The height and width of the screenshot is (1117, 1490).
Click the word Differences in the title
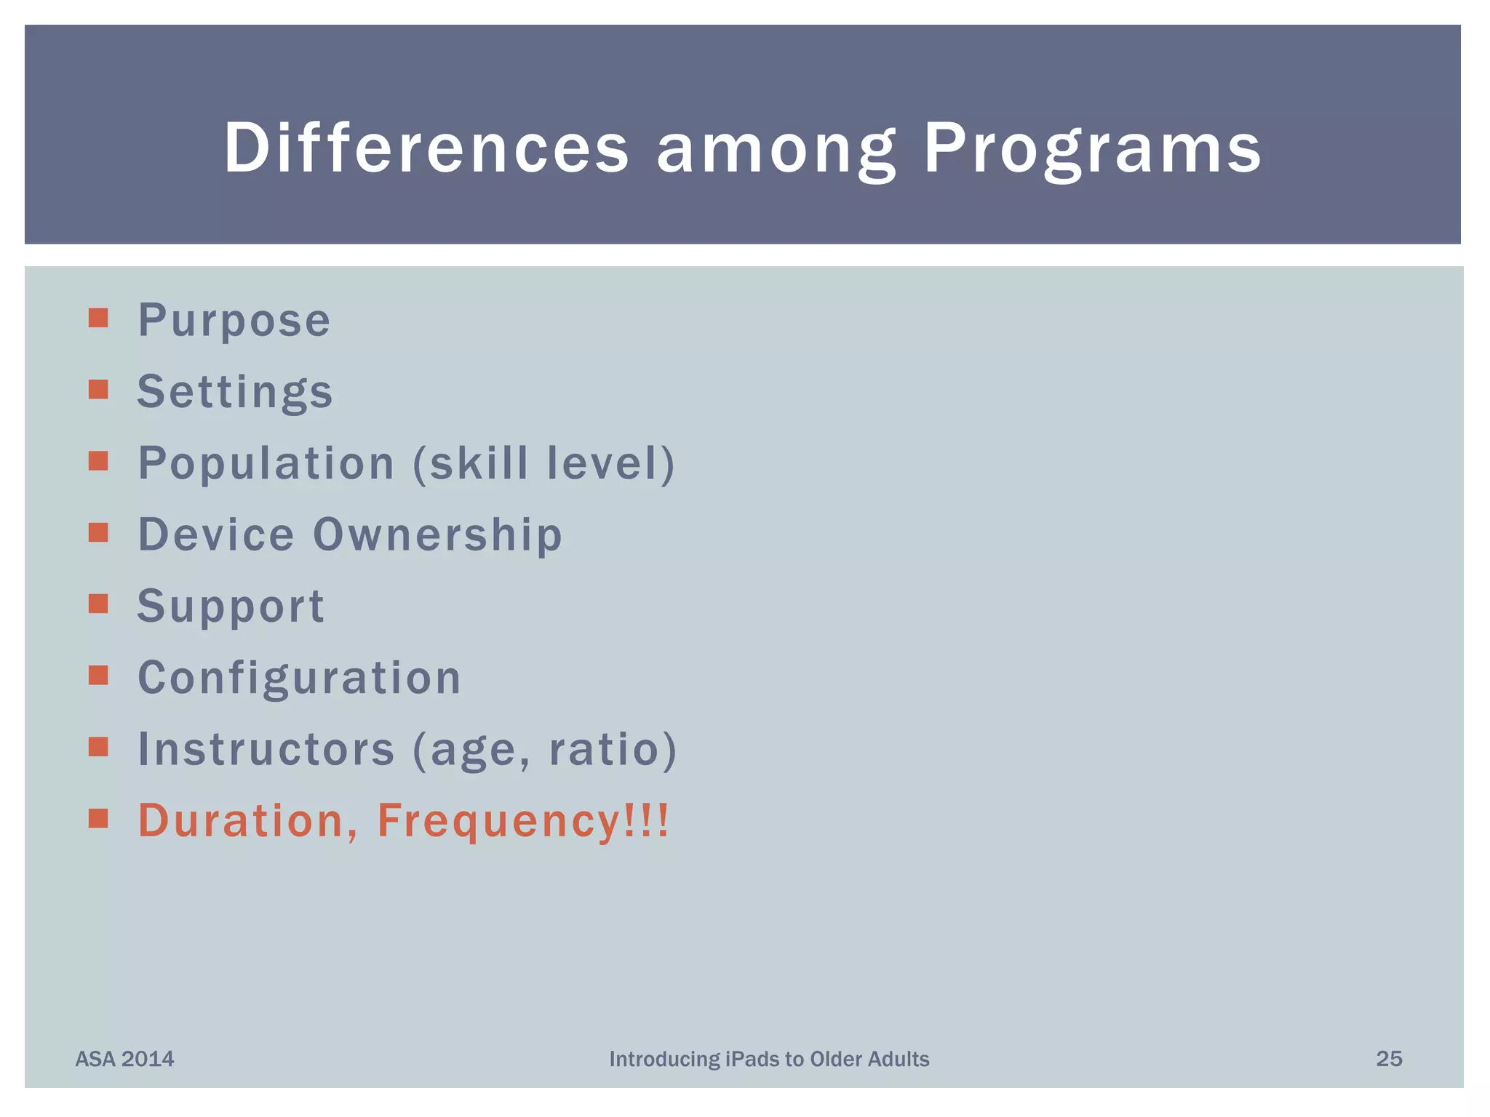tap(426, 148)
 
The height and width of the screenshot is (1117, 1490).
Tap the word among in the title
tap(776, 149)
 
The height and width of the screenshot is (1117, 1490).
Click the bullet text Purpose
tap(234, 321)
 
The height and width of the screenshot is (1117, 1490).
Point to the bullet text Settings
tap(235, 392)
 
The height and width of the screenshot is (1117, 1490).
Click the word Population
tap(266, 463)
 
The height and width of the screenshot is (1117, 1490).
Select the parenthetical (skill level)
tap(544, 463)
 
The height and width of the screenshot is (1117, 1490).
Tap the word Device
tap(216, 535)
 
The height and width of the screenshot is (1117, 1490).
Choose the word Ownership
tap(438, 535)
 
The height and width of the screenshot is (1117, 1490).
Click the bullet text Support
tap(231, 606)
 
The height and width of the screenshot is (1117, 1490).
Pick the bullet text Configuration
tap(299, 678)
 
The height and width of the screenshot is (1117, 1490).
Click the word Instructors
tap(266, 749)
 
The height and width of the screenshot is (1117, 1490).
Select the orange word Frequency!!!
tap(522, 820)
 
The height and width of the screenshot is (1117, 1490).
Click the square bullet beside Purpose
tap(98, 318)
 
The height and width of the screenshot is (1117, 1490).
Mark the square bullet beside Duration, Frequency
tap(98, 819)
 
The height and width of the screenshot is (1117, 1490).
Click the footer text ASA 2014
tap(125, 1059)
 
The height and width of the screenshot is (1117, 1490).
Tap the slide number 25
tap(1389, 1059)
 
